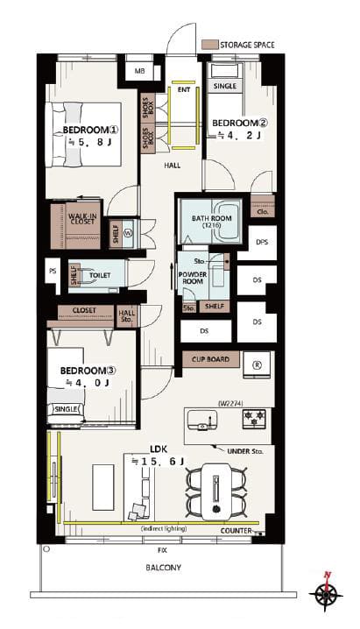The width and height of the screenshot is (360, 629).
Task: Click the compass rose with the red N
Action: coord(326,595)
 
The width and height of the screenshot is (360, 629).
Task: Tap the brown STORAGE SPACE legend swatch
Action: coord(209,44)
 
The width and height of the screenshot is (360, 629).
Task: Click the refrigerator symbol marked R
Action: coord(257,364)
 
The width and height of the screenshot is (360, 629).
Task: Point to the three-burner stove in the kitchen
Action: coord(254,418)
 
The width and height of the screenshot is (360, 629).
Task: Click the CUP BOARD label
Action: coord(210,359)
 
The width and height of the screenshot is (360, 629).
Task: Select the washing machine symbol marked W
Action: coord(128,234)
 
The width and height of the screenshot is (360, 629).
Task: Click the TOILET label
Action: coord(100,275)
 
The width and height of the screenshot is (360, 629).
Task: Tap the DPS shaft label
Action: coord(262,243)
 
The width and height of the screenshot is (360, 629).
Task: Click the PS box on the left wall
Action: coord(53,272)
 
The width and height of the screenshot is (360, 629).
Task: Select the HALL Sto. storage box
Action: coord(127,316)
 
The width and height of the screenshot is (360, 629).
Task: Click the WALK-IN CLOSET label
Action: coord(83,219)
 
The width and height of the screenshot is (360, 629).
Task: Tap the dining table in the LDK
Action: coord(216,492)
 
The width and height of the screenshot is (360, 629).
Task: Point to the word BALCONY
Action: coord(163,568)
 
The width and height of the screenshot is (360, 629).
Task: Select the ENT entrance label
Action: coord(184,90)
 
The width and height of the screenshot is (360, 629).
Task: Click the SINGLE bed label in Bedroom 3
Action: coord(66,409)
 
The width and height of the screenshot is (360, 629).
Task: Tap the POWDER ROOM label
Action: coord(193,278)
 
